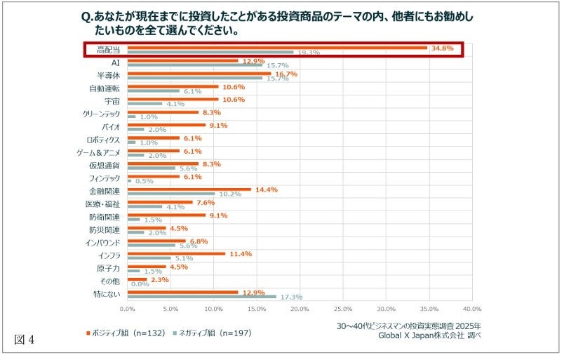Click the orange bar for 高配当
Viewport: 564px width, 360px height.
[277, 48]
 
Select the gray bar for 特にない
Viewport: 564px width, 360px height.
[202, 296]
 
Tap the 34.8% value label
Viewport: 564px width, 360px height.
[443, 48]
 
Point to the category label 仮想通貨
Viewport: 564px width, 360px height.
[105, 165]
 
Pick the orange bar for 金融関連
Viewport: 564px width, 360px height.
[189, 189]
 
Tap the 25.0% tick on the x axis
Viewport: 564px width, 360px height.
[342, 308]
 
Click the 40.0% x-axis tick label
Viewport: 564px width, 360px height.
[472, 308]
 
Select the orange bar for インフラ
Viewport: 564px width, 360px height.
[176, 253]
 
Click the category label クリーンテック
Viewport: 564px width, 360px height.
[102, 114]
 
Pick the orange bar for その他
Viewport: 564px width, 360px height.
[137, 279]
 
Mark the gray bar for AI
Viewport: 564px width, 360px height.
[195, 65]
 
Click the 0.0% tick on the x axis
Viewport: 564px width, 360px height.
[128, 308]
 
